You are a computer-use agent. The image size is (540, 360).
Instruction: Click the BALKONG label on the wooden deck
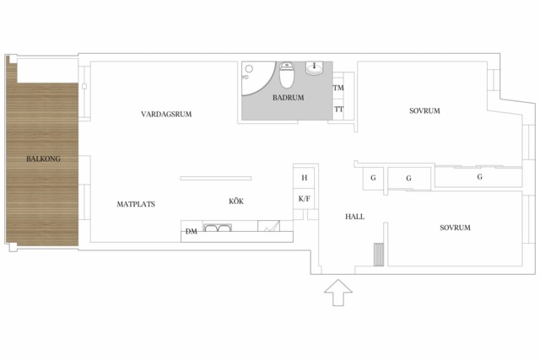point(43,159)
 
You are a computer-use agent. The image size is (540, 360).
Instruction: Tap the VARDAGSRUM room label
point(166,114)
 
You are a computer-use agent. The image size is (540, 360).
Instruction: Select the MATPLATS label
point(136,204)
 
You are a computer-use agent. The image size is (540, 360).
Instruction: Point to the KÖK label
point(236,201)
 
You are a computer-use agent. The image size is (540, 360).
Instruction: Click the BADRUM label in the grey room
point(289,98)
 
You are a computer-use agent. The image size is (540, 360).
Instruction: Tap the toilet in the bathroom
point(286,75)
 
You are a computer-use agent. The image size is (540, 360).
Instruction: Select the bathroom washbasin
point(314,68)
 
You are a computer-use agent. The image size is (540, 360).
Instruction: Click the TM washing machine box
point(338,88)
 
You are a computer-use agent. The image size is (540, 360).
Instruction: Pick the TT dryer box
point(338,110)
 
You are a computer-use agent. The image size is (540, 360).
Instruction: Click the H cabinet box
point(304,178)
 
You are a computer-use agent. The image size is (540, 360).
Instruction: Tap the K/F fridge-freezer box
point(304,199)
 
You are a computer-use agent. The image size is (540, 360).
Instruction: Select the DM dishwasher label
point(192,232)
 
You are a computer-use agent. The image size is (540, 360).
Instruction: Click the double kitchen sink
point(218,228)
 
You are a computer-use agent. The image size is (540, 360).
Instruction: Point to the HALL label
point(354,217)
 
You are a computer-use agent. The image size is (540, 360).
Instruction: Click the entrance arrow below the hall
point(338,293)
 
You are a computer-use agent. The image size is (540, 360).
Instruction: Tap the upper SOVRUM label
point(424,110)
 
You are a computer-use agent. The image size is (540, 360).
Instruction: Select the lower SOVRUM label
point(455,228)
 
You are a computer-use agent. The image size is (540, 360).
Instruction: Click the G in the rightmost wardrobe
point(480,177)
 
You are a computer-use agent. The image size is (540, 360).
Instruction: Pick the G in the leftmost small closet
point(373,178)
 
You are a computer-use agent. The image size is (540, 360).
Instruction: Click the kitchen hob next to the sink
point(268,226)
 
